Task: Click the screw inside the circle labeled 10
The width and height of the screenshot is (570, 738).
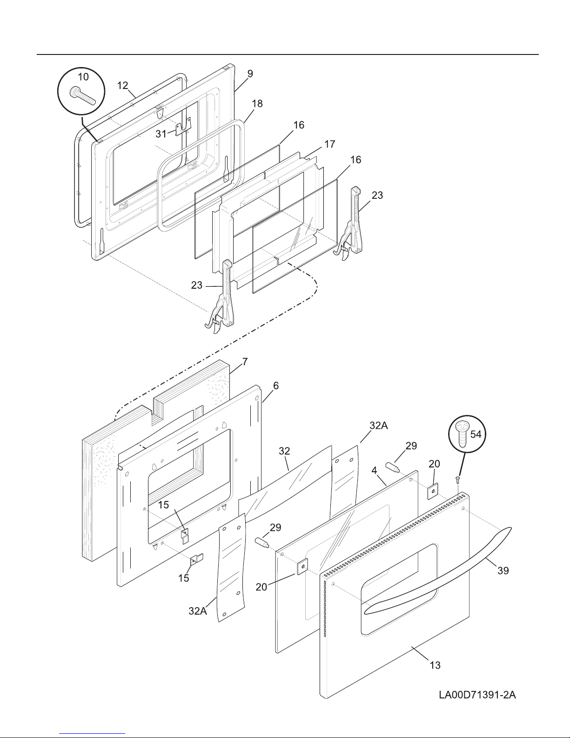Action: [x=82, y=96]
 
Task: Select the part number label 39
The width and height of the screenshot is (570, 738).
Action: [x=503, y=570]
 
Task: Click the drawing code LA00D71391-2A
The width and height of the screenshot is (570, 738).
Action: [x=477, y=695]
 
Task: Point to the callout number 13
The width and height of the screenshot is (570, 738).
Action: [x=435, y=665]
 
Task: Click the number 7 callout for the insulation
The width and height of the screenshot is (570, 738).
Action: [x=245, y=362]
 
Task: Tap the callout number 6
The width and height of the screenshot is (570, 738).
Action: [x=276, y=386]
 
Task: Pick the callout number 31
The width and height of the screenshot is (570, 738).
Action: [x=161, y=134]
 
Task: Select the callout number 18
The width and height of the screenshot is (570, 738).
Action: [x=257, y=103]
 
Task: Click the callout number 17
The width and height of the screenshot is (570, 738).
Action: [x=330, y=144]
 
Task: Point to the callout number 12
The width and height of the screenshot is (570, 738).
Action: [x=123, y=85]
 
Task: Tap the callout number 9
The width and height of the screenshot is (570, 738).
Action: [x=250, y=74]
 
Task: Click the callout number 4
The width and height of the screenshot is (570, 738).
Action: [x=374, y=470]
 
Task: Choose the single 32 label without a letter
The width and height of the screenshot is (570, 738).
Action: [x=284, y=451]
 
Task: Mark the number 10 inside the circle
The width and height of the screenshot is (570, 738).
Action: [x=83, y=77]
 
